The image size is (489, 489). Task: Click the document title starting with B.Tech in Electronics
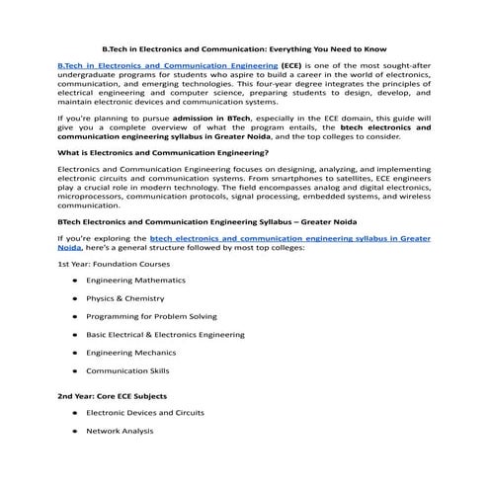click(x=244, y=47)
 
